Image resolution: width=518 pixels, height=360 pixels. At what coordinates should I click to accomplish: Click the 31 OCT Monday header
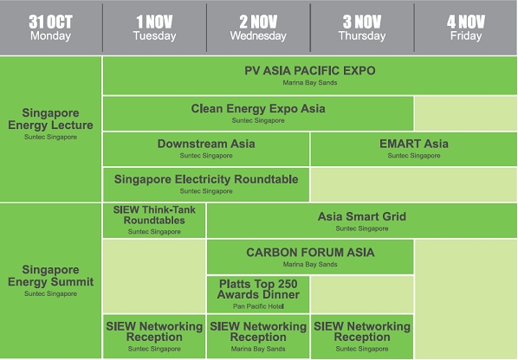[50, 28]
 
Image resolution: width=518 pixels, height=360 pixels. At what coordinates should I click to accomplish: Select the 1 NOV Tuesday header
[154, 28]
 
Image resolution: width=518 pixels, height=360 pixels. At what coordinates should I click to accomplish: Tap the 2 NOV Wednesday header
[258, 28]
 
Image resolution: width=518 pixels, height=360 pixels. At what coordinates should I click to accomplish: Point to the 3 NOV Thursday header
[362, 28]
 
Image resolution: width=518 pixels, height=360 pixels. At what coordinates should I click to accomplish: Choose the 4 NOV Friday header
[465, 28]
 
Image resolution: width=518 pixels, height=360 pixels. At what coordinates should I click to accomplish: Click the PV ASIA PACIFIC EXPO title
[310, 71]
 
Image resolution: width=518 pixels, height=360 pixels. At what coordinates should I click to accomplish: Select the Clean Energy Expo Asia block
[258, 113]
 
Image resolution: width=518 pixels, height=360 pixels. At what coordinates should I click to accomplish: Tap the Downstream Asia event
[206, 149]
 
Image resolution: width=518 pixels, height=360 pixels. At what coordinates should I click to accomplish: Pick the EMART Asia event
[414, 149]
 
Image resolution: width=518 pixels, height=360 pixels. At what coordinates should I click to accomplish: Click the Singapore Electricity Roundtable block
[206, 184]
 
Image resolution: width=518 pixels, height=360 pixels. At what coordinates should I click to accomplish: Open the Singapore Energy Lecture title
[50, 119]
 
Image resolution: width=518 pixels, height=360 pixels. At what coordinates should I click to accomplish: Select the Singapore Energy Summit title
[50, 276]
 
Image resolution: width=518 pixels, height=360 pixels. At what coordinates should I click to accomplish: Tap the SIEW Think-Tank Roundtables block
[154, 221]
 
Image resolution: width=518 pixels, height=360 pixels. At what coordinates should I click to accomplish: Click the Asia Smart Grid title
[362, 216]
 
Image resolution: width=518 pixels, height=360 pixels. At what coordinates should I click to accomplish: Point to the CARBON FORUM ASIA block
[310, 257]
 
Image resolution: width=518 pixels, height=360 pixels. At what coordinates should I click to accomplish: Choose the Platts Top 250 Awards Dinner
[258, 294]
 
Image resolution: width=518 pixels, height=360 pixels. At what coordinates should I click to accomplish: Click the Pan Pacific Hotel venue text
[258, 306]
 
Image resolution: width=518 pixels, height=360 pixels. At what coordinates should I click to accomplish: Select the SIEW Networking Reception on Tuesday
[154, 337]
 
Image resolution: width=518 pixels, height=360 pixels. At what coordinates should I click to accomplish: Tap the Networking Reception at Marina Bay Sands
[258, 337]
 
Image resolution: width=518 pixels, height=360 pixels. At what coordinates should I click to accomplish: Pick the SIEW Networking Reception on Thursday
[362, 337]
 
